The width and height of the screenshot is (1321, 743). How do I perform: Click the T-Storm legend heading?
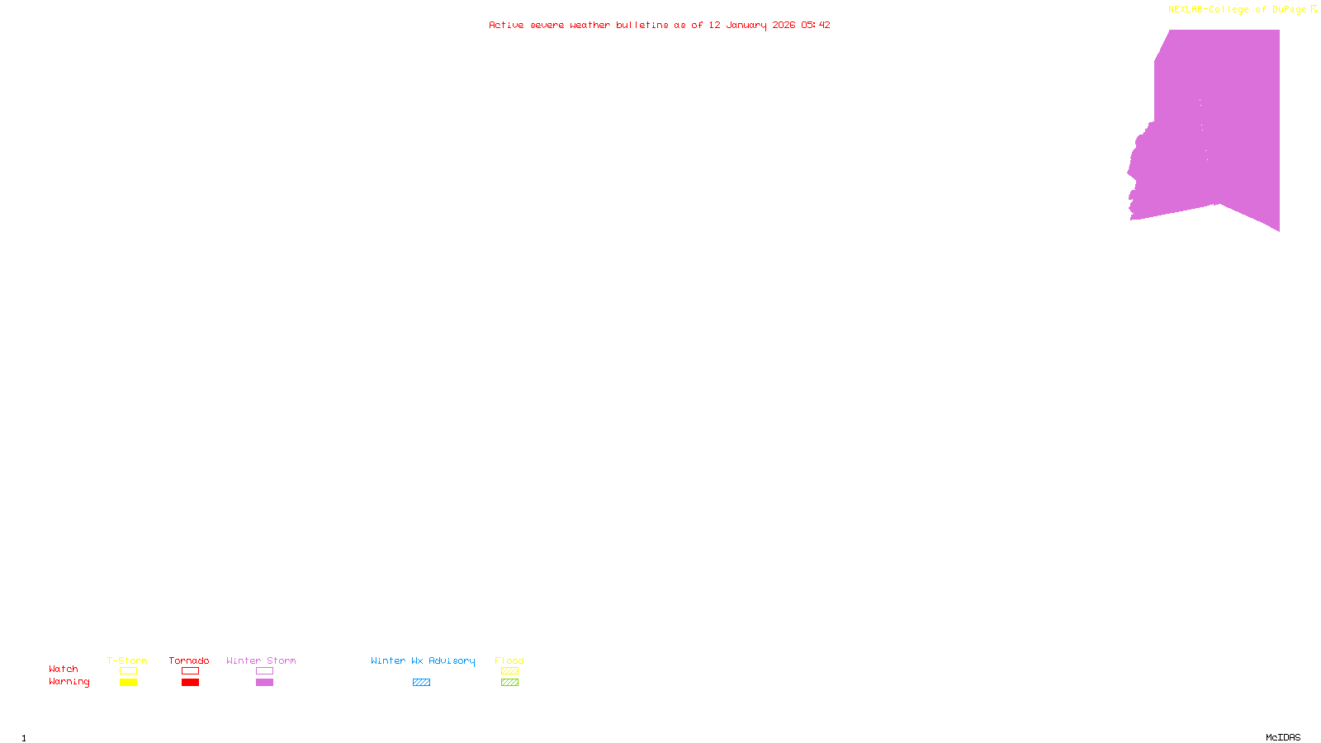click(127, 660)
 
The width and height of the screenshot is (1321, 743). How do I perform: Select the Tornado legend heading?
click(189, 660)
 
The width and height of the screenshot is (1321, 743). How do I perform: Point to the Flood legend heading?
click(509, 660)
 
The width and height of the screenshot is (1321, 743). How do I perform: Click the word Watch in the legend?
click(64, 669)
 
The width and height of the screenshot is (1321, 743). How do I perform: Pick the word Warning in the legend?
click(69, 682)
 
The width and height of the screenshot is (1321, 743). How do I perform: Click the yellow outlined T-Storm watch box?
click(128, 671)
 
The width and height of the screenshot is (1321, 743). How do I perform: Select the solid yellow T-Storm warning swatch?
click(128, 683)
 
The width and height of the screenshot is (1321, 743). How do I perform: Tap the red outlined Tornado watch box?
click(190, 671)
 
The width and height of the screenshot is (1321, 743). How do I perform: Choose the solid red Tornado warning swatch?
click(190, 683)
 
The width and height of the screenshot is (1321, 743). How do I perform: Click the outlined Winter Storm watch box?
click(264, 671)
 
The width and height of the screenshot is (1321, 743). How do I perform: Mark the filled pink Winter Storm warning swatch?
click(264, 683)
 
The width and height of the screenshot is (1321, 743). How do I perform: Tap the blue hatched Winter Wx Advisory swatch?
click(421, 683)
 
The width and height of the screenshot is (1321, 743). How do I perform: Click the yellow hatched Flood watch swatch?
click(509, 671)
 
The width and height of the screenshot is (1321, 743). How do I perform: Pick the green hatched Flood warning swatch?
click(509, 683)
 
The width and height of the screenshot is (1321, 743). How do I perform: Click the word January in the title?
click(746, 25)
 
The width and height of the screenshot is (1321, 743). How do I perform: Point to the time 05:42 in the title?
click(815, 25)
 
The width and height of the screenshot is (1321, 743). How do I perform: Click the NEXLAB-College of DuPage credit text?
click(1238, 9)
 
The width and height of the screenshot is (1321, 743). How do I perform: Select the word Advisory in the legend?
click(452, 660)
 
